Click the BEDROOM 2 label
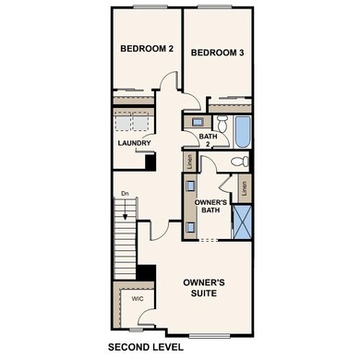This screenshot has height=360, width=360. click(x=146, y=48)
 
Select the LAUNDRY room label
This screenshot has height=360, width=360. click(x=134, y=143)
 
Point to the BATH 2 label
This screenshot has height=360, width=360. click(x=209, y=139)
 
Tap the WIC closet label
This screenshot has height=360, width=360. click(x=136, y=300)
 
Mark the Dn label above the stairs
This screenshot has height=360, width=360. click(x=124, y=193)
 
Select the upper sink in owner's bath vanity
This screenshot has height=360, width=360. click(x=189, y=201)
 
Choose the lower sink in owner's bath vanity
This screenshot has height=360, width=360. click(x=189, y=224)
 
